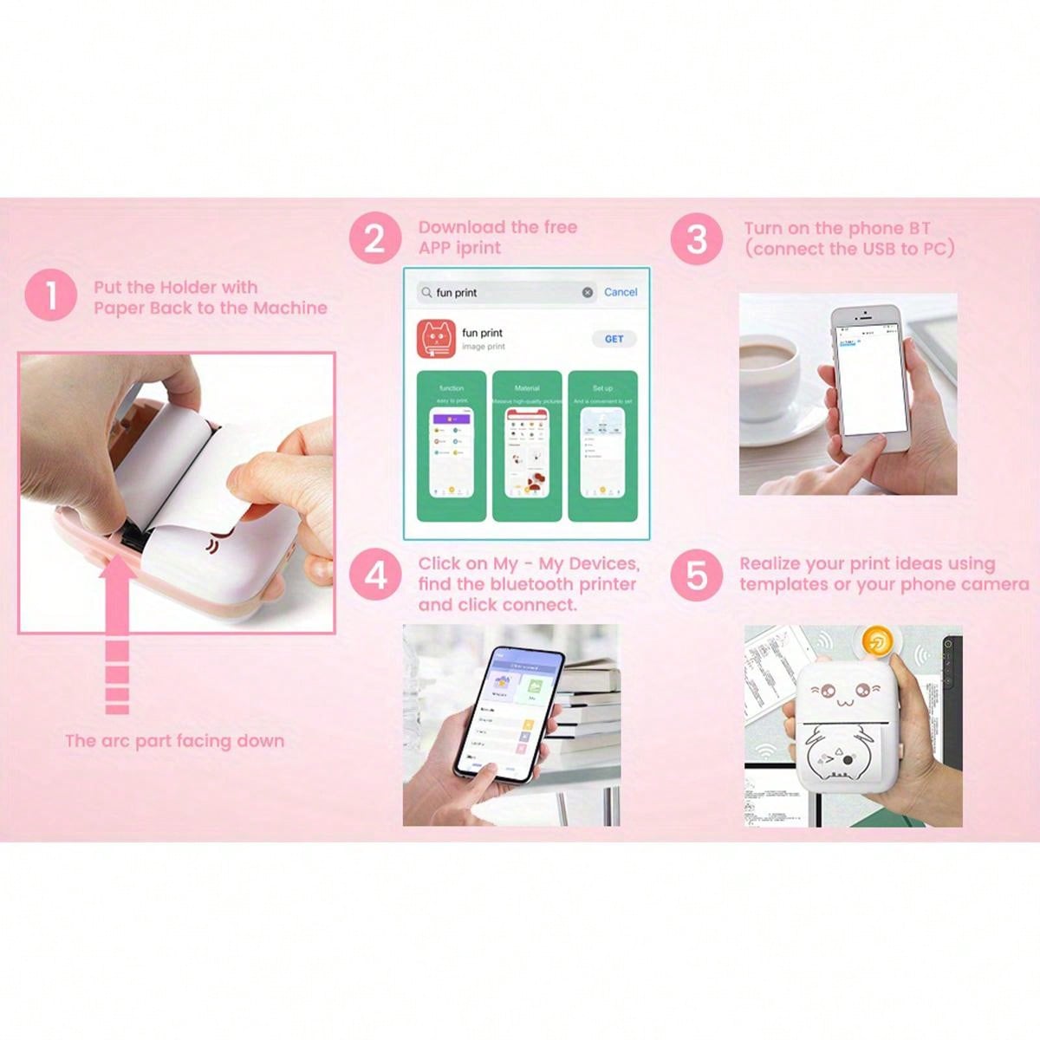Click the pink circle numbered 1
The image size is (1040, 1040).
point(51,296)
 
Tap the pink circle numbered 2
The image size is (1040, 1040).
point(375,237)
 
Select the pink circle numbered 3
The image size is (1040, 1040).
point(697,239)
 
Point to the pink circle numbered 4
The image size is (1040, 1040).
point(375,575)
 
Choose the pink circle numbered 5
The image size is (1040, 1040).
point(697,575)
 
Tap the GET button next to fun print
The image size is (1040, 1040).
point(614,339)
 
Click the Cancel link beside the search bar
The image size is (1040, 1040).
point(621,292)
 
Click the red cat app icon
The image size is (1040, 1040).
point(437,339)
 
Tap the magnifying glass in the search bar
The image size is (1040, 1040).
point(426,293)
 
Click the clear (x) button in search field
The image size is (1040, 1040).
point(588,293)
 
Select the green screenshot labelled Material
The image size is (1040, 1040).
point(527,446)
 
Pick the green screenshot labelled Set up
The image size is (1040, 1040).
point(602,446)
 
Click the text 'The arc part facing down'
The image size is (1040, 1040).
point(174,741)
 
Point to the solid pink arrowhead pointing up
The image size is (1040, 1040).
point(117,582)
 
